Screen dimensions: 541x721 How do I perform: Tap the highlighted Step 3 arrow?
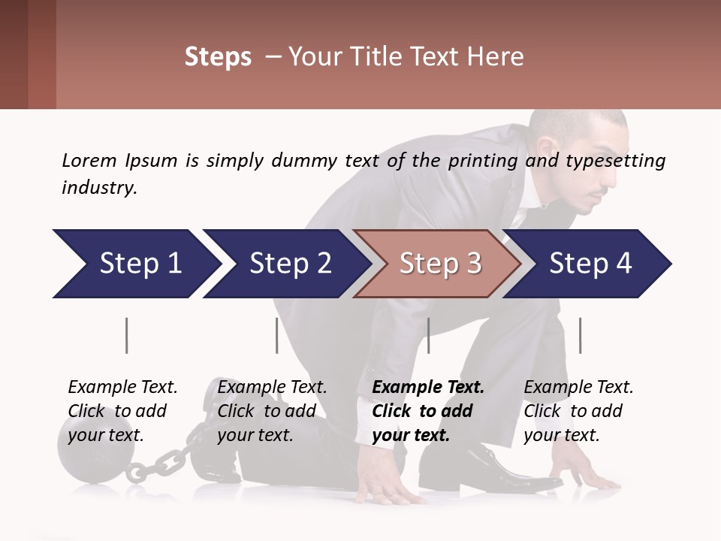click(439, 264)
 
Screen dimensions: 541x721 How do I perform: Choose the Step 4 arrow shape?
click(589, 264)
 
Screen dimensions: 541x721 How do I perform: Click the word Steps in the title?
click(218, 57)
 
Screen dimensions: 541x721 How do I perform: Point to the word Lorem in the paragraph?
click(89, 160)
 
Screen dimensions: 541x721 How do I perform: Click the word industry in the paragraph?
click(98, 187)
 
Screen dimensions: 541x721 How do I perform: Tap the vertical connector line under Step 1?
click(127, 335)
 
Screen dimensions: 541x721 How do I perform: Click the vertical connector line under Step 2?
click(277, 335)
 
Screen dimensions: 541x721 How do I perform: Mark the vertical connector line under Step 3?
click(428, 335)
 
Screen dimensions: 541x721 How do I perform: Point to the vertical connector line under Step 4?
click(580, 335)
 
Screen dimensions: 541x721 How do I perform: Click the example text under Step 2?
click(272, 411)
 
